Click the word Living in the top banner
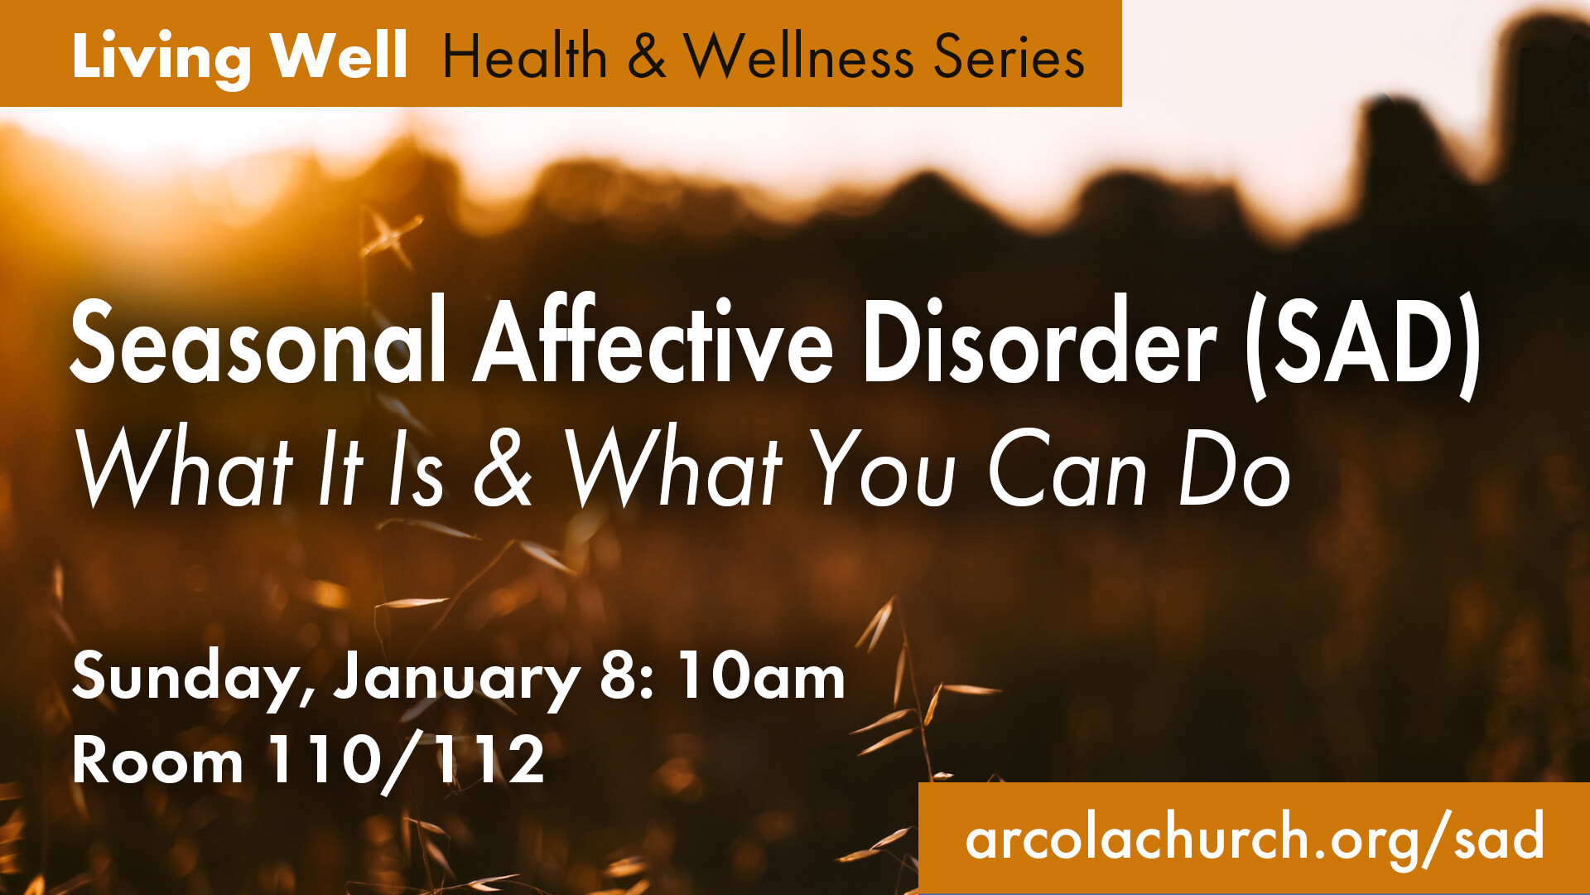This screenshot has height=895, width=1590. (x=161, y=58)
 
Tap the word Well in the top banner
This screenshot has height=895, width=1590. (x=340, y=56)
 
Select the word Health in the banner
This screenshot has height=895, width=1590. (x=526, y=56)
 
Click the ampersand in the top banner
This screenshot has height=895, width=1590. (x=646, y=56)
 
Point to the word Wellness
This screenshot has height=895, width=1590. (x=799, y=56)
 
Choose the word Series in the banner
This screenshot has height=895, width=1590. (x=1009, y=56)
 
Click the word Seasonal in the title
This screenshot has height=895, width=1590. (x=258, y=341)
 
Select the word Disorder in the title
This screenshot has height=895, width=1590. (x=1039, y=341)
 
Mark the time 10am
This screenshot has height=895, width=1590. (x=761, y=675)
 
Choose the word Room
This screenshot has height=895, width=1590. (x=157, y=760)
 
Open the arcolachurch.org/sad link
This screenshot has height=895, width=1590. (x=1255, y=837)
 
